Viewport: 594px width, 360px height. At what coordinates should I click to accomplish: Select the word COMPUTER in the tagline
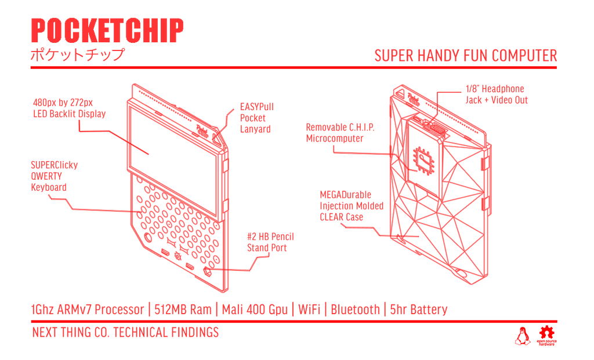pyautogui.click(x=524, y=56)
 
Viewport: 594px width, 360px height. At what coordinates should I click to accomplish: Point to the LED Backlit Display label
pyautogui.click(x=69, y=108)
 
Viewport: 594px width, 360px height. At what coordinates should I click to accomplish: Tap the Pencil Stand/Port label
pyautogui.click(x=270, y=242)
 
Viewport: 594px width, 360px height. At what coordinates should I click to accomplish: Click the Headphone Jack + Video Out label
pyautogui.click(x=496, y=94)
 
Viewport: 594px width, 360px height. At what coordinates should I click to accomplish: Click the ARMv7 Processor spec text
pyautogui.click(x=87, y=309)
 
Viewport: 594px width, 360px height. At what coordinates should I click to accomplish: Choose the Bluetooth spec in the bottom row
pyautogui.click(x=355, y=309)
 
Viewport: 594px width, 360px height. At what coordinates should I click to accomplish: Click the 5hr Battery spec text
pyautogui.click(x=418, y=309)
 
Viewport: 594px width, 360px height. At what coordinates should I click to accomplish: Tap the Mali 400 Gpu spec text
pyautogui.click(x=255, y=309)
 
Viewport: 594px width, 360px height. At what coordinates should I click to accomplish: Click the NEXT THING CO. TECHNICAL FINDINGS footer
pyautogui.click(x=125, y=333)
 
